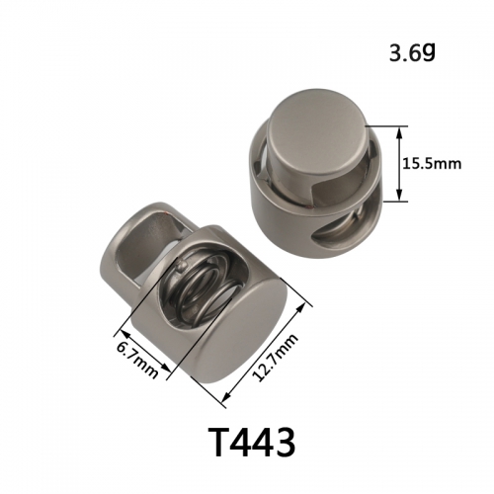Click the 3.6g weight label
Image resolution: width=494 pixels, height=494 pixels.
pyautogui.click(x=412, y=52)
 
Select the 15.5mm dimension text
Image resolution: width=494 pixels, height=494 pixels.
pyautogui.click(x=432, y=164)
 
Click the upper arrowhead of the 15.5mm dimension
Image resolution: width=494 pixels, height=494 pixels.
pyautogui.click(x=399, y=133)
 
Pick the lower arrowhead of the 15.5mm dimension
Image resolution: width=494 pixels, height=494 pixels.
pyautogui.click(x=399, y=195)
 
